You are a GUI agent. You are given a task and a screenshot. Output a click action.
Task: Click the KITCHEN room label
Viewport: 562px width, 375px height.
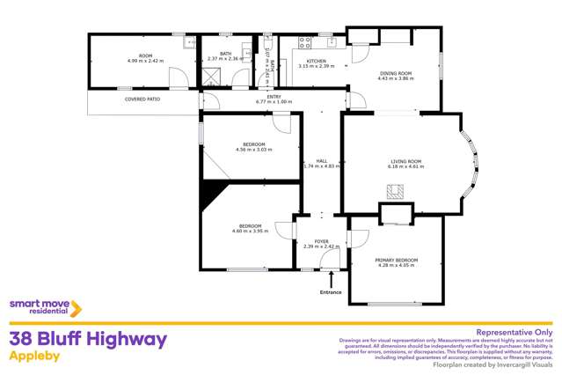(x=310, y=61)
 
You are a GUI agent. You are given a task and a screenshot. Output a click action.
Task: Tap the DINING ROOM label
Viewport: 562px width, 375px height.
(x=394, y=72)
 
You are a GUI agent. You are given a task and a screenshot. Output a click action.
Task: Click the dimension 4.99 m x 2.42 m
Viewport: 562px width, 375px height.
(x=141, y=62)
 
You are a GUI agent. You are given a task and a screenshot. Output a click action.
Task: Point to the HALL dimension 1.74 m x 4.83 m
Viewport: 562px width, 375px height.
(x=321, y=166)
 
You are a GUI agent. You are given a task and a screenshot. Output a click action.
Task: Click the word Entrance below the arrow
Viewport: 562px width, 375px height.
(x=331, y=291)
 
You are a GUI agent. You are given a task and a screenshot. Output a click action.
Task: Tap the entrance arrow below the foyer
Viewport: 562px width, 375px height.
(x=331, y=279)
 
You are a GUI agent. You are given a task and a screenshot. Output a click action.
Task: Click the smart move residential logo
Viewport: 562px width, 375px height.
(x=45, y=307)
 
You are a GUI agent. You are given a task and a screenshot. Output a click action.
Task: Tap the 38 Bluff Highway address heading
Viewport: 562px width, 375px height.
(x=87, y=339)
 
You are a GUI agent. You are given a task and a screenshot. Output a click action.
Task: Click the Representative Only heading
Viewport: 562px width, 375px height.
(x=514, y=332)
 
